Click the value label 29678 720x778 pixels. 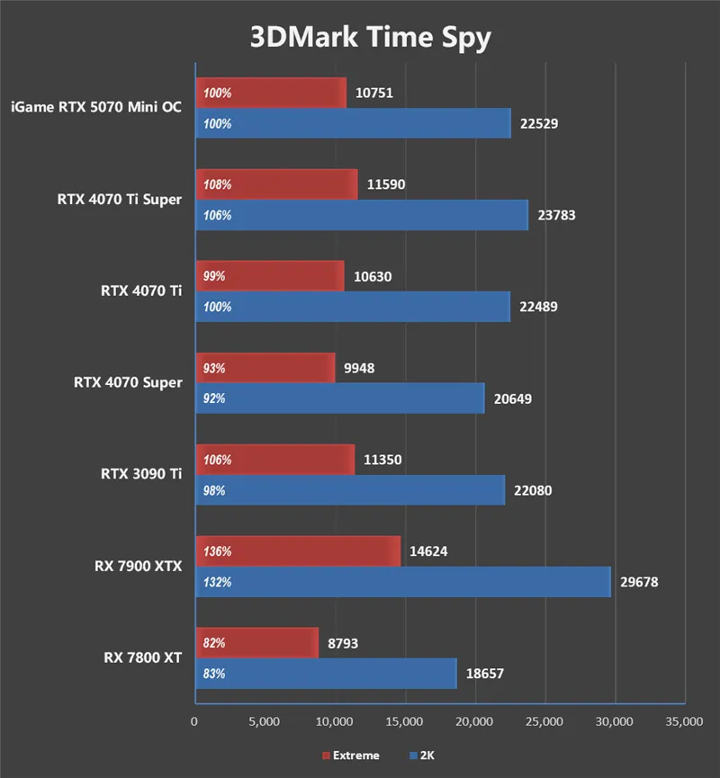tap(639, 582)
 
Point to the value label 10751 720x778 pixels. tap(373, 93)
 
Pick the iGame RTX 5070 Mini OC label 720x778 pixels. tap(96, 107)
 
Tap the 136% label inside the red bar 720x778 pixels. tap(217, 551)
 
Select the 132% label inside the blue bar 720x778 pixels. tap(217, 582)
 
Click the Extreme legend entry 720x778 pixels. tap(350, 756)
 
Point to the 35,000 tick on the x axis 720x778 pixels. tap(684, 721)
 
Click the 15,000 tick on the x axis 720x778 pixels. tap(404, 721)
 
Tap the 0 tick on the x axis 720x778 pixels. tap(194, 721)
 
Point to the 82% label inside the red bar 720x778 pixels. tap(214, 643)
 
